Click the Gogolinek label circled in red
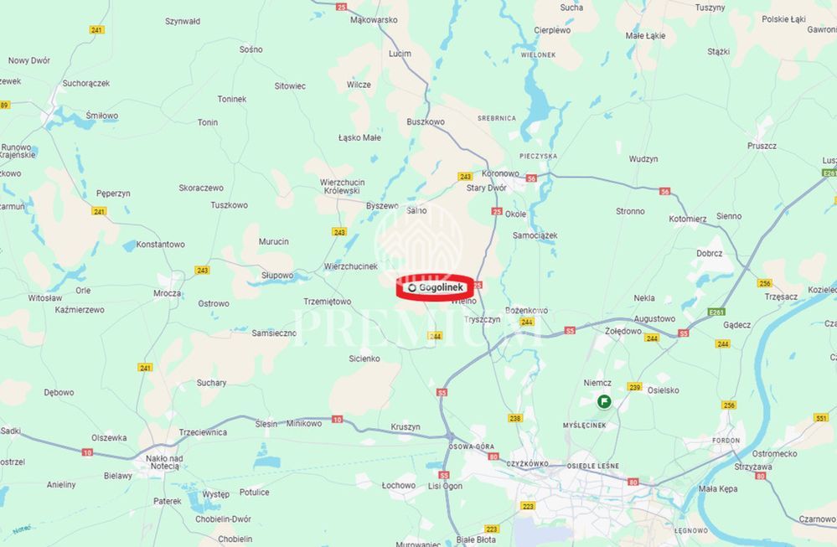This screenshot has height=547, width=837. pos(437,287)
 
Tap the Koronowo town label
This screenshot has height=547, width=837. pos(500,173)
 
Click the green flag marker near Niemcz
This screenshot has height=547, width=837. pos(603,402)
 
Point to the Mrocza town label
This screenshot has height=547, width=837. pos(167,293)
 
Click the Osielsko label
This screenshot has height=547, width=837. pos(664,390)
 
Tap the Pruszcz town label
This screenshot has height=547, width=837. pos(762,145)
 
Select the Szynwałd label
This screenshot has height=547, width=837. pos(183,21)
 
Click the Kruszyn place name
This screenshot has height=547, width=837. pos(406,426)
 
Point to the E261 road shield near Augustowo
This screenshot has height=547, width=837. pos(691,312)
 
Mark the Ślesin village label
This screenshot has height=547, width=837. pos(266,423)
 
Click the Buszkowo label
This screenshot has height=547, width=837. pos(426,121)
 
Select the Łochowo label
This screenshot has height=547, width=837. pos(398,485)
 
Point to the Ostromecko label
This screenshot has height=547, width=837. pos(775,453)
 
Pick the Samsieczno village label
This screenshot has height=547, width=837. pos(274,333)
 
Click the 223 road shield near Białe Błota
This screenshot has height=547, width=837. pos(492,529)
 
